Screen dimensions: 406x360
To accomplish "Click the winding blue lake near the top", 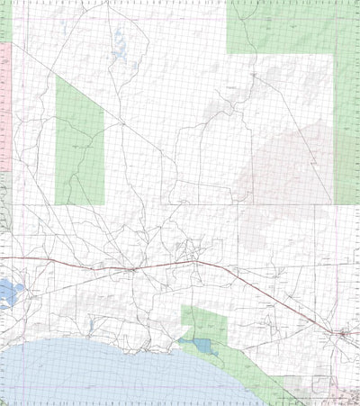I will click(119, 41).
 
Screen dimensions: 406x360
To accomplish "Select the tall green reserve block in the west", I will click(79, 140).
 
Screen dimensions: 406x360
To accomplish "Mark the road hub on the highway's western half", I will click(133, 267).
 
